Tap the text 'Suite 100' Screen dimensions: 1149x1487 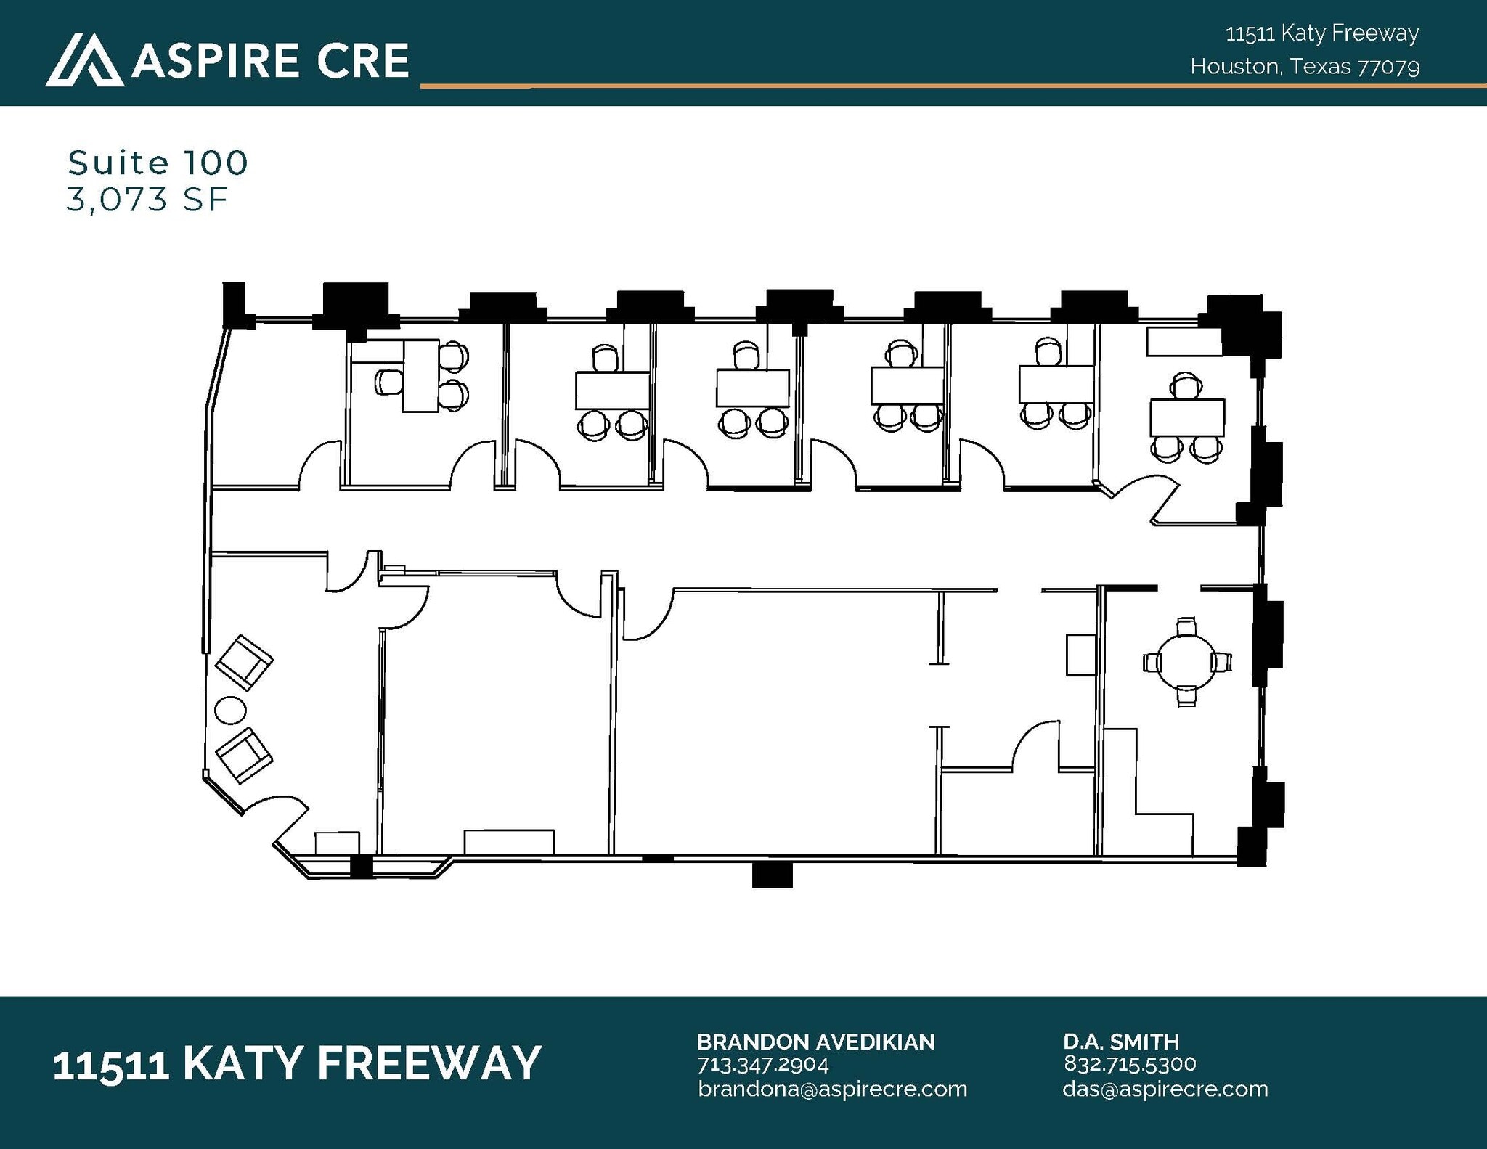pos(158,163)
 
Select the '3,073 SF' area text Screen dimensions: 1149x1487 pos(147,200)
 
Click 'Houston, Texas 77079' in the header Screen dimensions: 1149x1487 pos(1305,67)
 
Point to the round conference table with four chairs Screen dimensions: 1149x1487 pos(1186,662)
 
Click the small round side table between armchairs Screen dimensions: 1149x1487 pos(232,709)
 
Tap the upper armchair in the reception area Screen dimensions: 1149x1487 pos(245,662)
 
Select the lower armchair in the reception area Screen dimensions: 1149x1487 pos(245,755)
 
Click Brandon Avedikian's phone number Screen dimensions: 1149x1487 pos(762,1065)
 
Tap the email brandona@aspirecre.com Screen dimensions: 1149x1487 pos(832,1089)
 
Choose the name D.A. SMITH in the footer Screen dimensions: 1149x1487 pos(1121,1042)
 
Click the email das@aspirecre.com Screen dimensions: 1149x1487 pos(1165,1089)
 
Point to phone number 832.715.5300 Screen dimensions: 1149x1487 pos(1130,1064)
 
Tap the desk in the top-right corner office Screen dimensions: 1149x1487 pos(1187,417)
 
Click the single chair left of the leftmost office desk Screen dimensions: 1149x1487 pos(388,382)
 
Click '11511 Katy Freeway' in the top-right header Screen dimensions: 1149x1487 pos(1321,33)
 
